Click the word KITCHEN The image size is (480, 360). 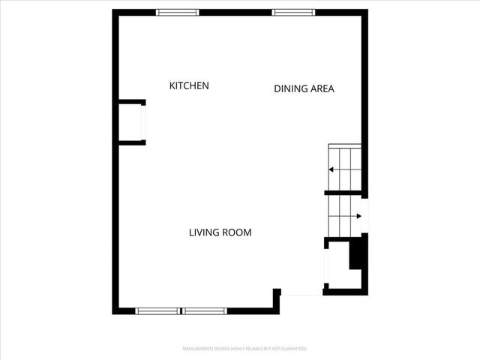coord(189,86)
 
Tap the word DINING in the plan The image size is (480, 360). coord(290,89)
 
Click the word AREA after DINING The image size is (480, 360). coord(322,89)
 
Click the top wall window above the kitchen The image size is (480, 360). coord(178,13)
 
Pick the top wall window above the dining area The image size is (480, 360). coord(294,13)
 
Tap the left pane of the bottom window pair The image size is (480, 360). coord(158,310)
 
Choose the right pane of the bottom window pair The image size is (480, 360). coord(205,310)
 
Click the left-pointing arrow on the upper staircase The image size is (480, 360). coord(331,169)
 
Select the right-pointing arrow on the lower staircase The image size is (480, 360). coord(358,217)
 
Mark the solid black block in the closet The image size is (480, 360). coord(358,252)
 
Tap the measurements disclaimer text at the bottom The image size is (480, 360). coord(245,349)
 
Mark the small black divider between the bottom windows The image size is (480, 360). coord(182,310)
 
